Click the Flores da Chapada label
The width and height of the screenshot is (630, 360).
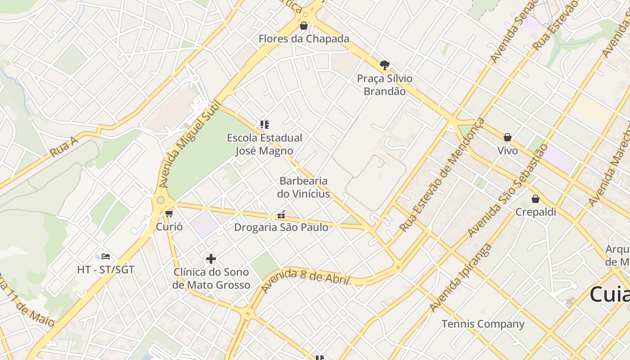(x=304, y=39)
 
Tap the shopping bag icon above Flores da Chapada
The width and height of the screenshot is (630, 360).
(x=304, y=26)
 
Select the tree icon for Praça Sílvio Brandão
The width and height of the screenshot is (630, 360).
(x=384, y=65)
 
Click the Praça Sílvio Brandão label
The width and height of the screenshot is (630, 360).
(x=384, y=85)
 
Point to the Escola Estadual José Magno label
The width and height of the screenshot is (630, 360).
(x=265, y=144)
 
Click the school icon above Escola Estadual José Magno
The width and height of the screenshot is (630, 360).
(x=265, y=124)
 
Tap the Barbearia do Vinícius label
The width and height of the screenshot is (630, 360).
(x=304, y=187)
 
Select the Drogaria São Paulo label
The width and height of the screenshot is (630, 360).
(x=281, y=227)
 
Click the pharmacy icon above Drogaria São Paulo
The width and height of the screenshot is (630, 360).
(x=282, y=215)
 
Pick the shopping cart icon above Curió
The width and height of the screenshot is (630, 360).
(x=169, y=213)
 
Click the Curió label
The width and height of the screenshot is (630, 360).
(x=169, y=226)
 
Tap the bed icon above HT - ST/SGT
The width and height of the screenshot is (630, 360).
(x=106, y=256)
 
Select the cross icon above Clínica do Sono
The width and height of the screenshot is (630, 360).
(x=211, y=259)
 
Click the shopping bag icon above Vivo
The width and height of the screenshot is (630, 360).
(x=508, y=137)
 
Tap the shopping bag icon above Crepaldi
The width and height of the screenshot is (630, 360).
(x=535, y=199)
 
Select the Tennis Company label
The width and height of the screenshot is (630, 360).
(x=483, y=324)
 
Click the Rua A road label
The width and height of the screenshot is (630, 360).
(x=64, y=147)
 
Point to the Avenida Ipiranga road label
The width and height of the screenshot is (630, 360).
(x=461, y=278)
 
